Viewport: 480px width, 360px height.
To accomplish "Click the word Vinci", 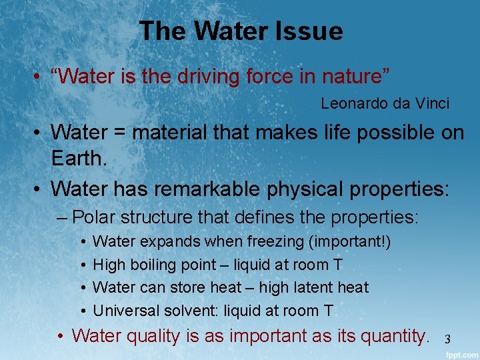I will click(431, 104).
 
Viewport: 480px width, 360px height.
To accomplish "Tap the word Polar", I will click(93, 217).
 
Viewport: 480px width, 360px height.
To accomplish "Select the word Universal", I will click(123, 311).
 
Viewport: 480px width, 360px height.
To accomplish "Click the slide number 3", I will click(448, 339).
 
